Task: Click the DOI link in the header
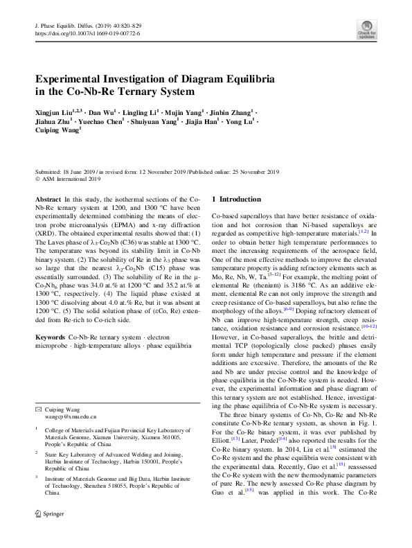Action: [x=87, y=33]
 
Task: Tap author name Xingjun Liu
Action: [x=57, y=112]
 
